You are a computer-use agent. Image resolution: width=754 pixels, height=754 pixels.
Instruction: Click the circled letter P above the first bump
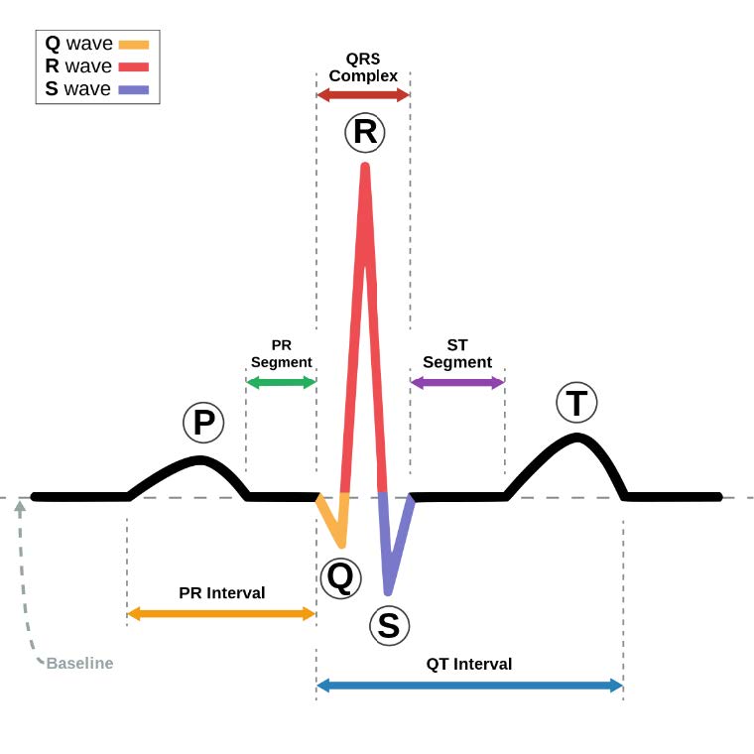[x=203, y=423]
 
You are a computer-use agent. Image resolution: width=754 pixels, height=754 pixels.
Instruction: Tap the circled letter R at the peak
[x=365, y=132]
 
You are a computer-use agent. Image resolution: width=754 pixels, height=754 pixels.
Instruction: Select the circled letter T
[x=576, y=403]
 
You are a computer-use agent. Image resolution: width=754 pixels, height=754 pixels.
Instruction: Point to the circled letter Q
[x=339, y=578]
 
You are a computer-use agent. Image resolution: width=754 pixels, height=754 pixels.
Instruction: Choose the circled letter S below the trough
[x=388, y=625]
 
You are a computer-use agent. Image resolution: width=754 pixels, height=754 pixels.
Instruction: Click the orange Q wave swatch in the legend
[x=133, y=45]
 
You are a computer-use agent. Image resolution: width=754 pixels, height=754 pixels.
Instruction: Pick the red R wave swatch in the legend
[x=133, y=67]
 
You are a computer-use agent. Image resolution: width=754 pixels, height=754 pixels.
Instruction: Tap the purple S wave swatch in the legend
[x=133, y=90]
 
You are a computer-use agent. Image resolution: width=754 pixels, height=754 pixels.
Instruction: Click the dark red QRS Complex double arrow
[x=363, y=95]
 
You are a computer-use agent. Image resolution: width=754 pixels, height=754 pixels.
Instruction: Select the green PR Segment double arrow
[x=281, y=382]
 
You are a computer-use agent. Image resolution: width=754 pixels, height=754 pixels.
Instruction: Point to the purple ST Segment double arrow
[x=457, y=382]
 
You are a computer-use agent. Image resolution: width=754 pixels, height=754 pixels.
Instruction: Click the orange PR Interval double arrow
[x=221, y=613]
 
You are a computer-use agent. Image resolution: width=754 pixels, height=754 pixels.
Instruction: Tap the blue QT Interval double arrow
[x=469, y=685]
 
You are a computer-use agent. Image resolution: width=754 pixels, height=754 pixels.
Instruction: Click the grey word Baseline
[x=79, y=663]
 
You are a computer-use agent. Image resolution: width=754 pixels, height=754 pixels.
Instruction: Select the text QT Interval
[x=469, y=664]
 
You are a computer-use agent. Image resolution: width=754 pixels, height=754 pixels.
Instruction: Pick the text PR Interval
[x=222, y=593]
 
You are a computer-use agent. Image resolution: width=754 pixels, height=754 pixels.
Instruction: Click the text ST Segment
[x=457, y=354]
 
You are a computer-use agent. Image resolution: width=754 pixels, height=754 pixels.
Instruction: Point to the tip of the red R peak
[x=365, y=167]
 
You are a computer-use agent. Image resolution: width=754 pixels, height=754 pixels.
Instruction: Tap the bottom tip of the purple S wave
[x=389, y=591]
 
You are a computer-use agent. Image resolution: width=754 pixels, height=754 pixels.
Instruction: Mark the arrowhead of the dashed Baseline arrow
[x=19, y=505]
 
